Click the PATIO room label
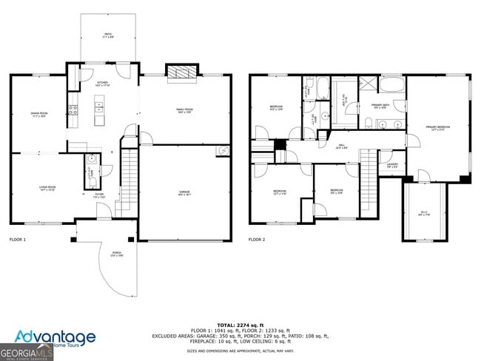[108, 35]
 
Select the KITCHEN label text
[102, 83]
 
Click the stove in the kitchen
[73, 110]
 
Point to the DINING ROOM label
[38, 114]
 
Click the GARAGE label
[184, 192]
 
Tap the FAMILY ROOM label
[184, 110]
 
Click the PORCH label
[117, 254]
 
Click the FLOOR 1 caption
[18, 240]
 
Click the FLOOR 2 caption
[256, 240]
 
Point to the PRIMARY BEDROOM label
[437, 127]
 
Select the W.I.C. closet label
[424, 213]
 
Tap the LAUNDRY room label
[392, 165]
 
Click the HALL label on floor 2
[343, 146]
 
